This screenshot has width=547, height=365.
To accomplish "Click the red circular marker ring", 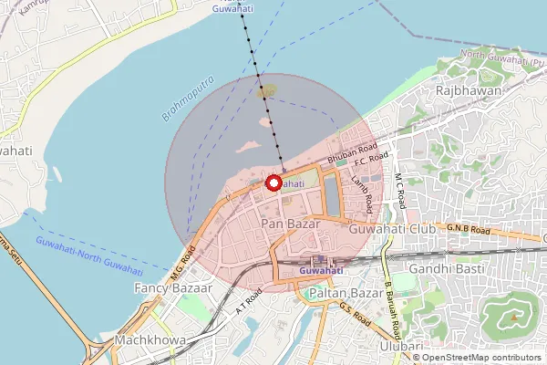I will tap(273, 182).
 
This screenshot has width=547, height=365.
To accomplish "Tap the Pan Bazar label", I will tap(288, 223).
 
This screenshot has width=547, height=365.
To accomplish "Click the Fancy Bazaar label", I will tap(173, 287).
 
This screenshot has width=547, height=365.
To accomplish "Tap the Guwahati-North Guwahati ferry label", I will tap(89, 255).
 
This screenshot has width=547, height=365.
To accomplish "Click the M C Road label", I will tap(398, 187).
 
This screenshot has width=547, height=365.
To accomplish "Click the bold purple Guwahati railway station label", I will tap(321, 270).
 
